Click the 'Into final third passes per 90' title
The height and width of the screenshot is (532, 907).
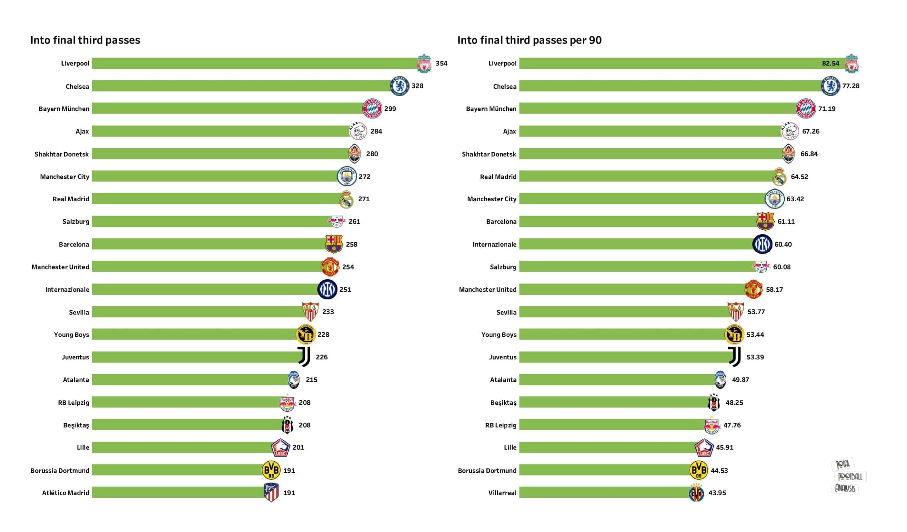(x=529, y=40)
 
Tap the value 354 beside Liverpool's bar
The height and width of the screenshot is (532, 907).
(x=441, y=63)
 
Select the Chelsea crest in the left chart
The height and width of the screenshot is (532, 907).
(x=399, y=86)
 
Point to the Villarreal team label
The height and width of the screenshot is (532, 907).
(x=502, y=493)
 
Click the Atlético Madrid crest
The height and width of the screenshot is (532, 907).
(x=271, y=493)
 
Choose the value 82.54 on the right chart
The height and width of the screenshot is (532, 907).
(x=830, y=63)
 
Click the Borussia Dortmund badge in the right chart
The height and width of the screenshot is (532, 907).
(x=698, y=470)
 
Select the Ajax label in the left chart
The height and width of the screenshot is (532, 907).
(x=82, y=131)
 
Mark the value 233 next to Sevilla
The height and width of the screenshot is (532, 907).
(x=328, y=312)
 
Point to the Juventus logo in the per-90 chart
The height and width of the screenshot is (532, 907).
(x=734, y=357)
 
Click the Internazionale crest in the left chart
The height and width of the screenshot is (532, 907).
(x=327, y=289)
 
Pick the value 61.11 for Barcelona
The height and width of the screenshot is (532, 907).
(x=786, y=221)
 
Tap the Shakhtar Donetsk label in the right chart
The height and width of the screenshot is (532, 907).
(x=489, y=154)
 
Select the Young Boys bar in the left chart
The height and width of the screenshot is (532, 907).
(x=195, y=334)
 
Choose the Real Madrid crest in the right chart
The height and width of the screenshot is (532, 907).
(x=779, y=177)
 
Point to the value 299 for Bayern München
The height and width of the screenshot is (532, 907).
(x=390, y=109)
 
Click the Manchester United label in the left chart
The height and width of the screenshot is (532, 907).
(x=60, y=267)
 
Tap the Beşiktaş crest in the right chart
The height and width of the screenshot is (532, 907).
(x=714, y=403)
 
